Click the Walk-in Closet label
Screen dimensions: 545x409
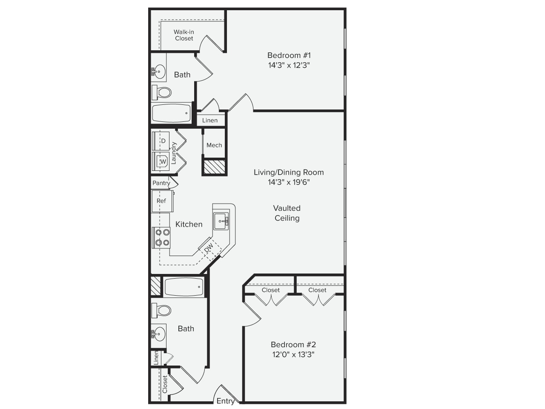click(184, 35)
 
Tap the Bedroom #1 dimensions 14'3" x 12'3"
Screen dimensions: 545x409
click(289, 65)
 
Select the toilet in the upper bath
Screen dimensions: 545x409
click(162, 92)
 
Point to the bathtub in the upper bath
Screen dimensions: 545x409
click(171, 113)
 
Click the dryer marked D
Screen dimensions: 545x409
click(161, 141)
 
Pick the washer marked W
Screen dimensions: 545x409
click(161, 161)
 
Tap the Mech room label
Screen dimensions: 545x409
click(214, 145)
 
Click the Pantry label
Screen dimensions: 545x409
click(161, 183)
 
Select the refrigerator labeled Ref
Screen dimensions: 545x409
click(162, 201)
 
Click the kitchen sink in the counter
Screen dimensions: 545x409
click(221, 221)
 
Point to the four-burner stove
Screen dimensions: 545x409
click(161, 238)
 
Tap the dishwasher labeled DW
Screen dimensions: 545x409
click(209, 248)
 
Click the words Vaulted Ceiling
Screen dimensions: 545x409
click(287, 213)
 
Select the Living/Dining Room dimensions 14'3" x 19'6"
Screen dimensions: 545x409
click(289, 182)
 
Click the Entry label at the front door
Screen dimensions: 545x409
click(225, 401)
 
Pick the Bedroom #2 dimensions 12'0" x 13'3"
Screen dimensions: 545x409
click(293, 354)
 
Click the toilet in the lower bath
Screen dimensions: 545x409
click(161, 311)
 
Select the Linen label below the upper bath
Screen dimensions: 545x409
click(210, 121)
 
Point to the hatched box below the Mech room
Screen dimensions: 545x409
click(215, 167)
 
